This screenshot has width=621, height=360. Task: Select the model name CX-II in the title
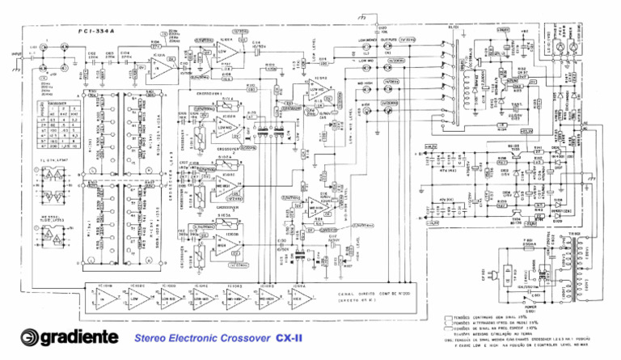(288, 338)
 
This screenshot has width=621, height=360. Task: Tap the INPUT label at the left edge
(15, 55)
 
